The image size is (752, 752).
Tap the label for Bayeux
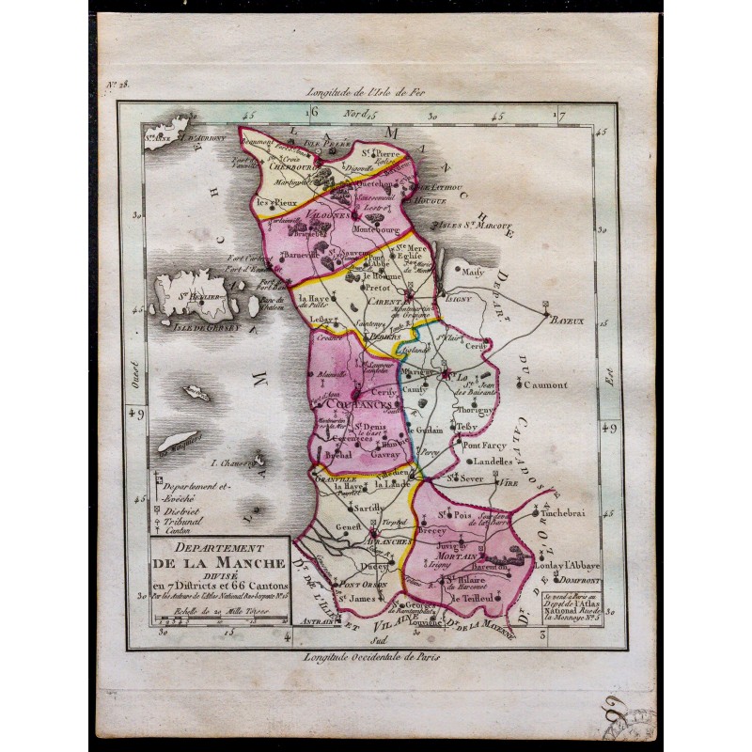coord(568,321)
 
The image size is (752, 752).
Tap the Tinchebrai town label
coord(567,512)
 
